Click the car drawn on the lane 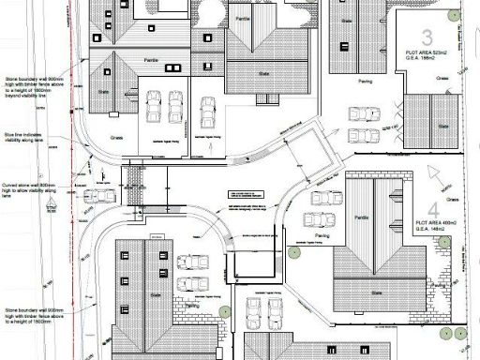point(96,197)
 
